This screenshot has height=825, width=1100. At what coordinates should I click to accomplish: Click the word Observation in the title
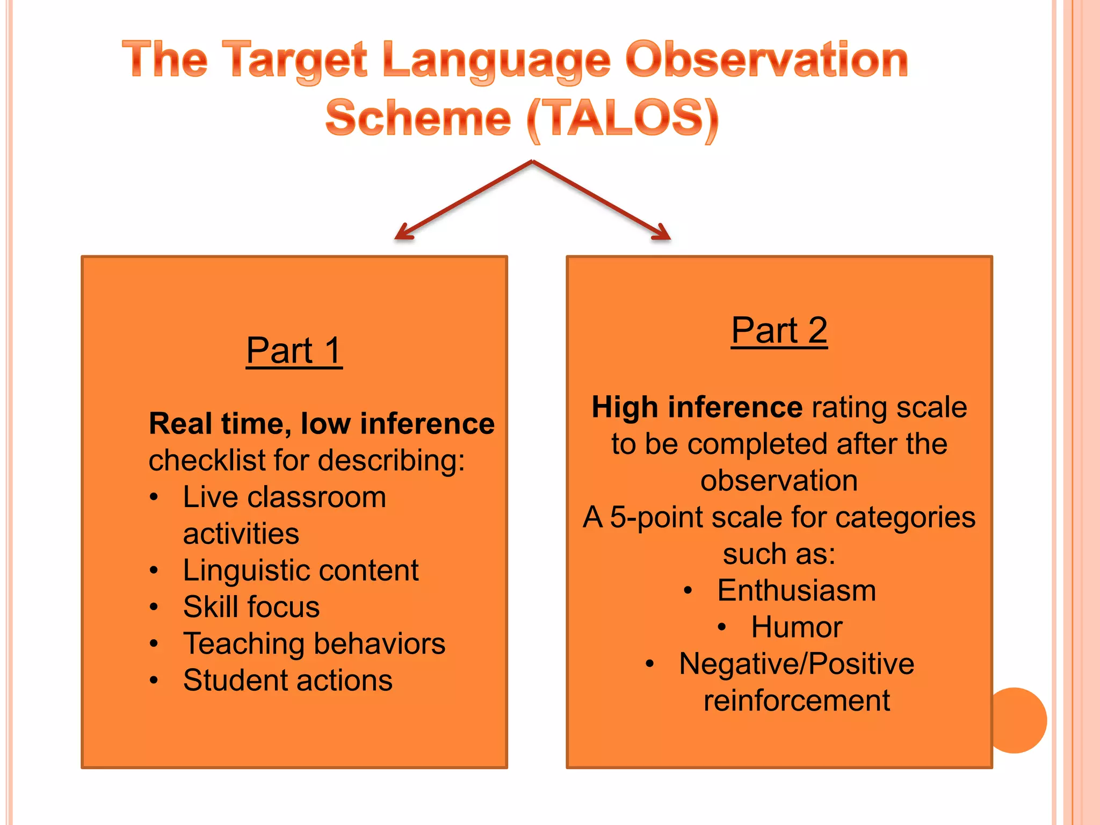pos(766,60)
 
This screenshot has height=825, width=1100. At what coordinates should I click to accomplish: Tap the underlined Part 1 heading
pos(294,351)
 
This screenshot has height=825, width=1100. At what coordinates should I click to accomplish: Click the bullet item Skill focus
pos(251,607)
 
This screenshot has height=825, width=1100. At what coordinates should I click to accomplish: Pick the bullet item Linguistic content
pos(300,570)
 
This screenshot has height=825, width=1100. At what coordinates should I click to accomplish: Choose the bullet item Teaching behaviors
pos(314,643)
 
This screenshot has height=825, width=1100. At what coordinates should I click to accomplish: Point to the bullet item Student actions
pos(287,680)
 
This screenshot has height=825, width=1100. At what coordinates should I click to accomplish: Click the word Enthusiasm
pos(797,590)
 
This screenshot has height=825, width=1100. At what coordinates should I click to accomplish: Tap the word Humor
pos(797,627)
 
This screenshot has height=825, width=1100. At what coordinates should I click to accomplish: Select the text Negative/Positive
pos(797,664)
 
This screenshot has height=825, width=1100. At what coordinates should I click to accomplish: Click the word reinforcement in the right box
pos(797,700)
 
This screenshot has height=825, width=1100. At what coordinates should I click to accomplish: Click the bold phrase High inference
pos(697,407)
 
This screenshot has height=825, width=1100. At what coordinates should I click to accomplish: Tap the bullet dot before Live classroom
pos(154,497)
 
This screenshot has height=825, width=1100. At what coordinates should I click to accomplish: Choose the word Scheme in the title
pos(418,118)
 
